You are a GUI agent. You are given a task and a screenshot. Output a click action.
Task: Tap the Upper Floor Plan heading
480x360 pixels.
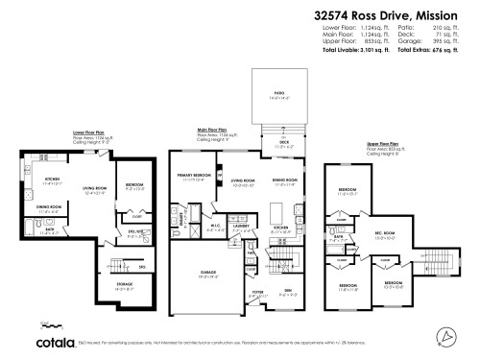pos(383,144)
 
